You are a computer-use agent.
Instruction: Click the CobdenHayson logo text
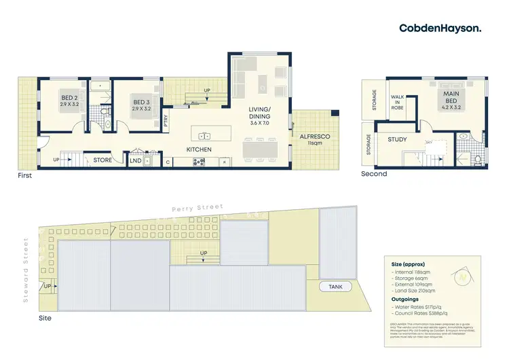pos(441,28)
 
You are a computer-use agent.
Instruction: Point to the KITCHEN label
pos(200,149)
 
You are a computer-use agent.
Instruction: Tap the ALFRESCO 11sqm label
pos(314,141)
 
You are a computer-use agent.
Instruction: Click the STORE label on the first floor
pos(102,160)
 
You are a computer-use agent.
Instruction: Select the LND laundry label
pos(136,161)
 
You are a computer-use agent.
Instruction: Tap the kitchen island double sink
pos(203,135)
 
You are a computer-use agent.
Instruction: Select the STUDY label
pos(397,141)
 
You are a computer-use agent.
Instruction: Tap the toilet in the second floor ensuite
pos(478,159)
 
